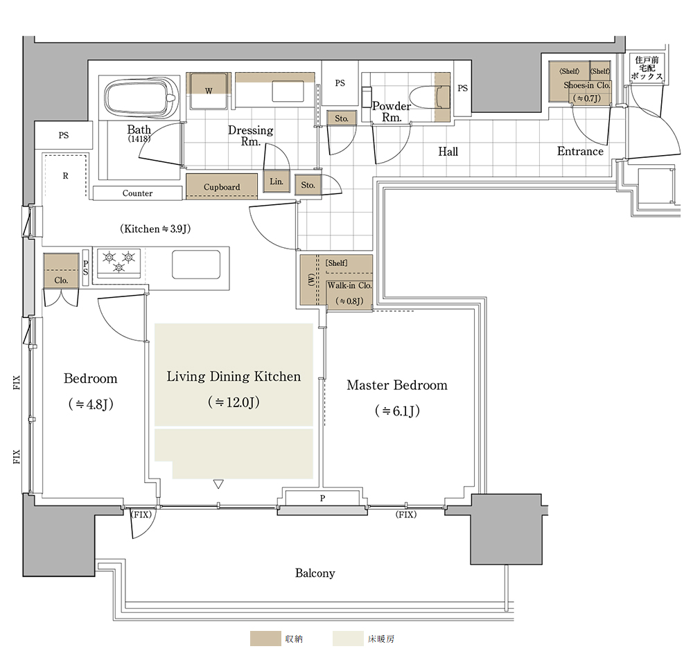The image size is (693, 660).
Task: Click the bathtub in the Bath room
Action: (x=141, y=98)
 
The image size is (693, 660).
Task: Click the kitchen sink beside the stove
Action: (x=196, y=264)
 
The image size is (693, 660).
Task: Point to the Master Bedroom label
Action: (x=397, y=385)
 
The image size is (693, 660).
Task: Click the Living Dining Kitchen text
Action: (x=234, y=376)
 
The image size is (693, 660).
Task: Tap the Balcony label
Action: (x=315, y=573)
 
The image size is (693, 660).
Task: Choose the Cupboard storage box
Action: (x=222, y=186)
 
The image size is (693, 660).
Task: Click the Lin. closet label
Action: (x=277, y=181)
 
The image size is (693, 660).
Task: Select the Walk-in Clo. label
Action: (x=349, y=285)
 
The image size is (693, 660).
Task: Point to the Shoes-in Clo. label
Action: (x=586, y=85)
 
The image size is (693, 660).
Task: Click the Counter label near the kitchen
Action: (x=137, y=193)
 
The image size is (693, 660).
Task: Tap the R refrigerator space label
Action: (x=65, y=176)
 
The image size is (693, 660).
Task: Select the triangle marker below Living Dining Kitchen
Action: (x=218, y=483)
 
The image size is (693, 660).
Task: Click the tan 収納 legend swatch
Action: (x=265, y=639)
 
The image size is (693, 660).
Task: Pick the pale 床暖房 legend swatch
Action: (x=348, y=639)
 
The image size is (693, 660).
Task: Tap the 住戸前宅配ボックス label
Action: (x=647, y=68)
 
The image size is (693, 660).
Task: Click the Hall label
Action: (x=448, y=152)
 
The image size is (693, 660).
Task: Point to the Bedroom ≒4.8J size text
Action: (x=91, y=404)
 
